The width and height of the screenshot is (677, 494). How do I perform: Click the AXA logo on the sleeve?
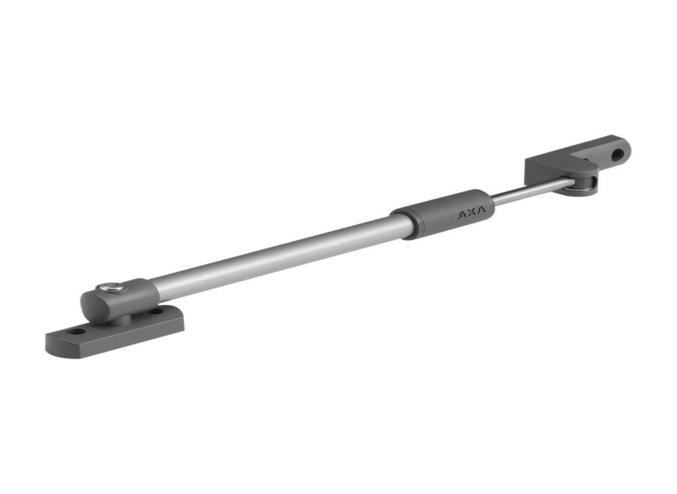click(472, 211)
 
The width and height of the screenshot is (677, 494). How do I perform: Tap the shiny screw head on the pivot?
click(111, 287)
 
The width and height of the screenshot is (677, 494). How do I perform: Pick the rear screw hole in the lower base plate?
click(155, 311)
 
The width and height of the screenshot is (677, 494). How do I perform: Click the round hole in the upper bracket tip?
click(618, 154)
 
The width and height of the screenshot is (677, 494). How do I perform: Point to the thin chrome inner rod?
click(533, 190)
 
